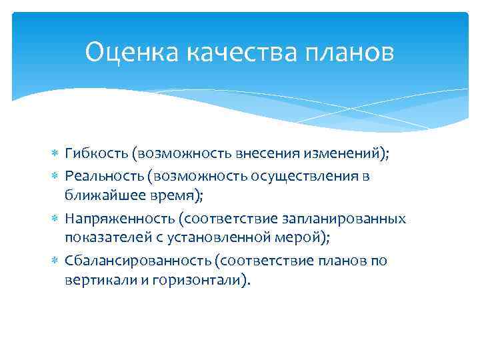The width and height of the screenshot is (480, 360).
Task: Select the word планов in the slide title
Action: click(x=354, y=51)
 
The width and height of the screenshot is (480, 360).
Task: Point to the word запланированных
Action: click(x=341, y=218)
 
